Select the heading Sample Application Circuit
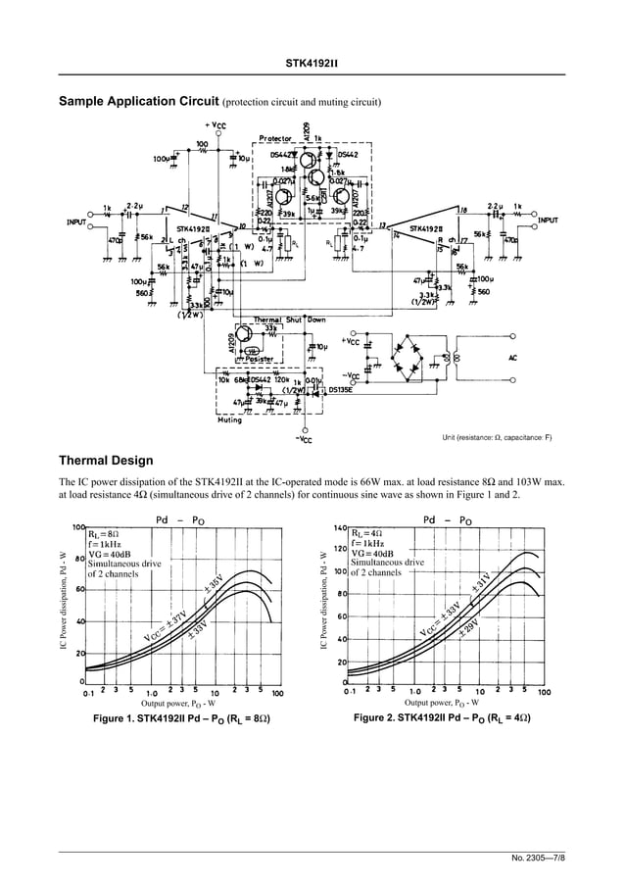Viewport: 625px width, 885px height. (x=139, y=102)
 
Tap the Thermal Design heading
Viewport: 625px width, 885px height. (x=106, y=460)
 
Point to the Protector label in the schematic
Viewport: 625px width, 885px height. (x=277, y=138)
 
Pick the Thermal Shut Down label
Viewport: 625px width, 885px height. (x=289, y=320)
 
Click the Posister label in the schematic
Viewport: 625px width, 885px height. (x=256, y=359)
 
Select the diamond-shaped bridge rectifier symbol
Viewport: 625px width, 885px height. (x=410, y=358)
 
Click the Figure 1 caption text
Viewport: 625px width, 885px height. (x=181, y=719)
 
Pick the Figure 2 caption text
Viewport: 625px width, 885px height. (x=442, y=719)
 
